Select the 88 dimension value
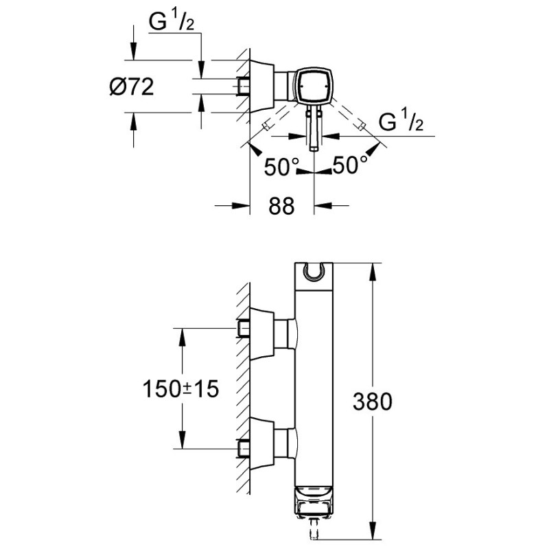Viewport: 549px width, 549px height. click(280, 205)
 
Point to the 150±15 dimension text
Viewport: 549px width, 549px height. click(180, 389)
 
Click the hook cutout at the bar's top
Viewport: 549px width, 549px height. click(314, 274)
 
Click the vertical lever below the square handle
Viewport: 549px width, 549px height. click(314, 128)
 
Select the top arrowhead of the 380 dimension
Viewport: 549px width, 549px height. click(373, 268)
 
